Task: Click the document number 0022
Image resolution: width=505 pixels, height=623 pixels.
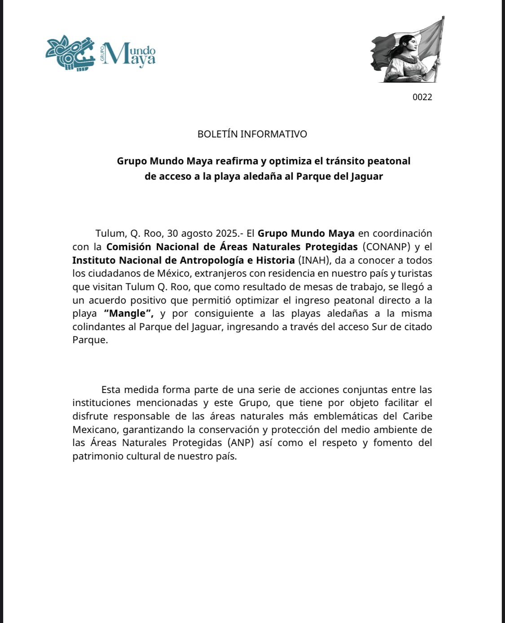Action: (422, 97)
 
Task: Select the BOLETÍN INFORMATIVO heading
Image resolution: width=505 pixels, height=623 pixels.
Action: (252, 134)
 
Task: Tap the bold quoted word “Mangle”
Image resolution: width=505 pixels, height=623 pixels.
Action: (128, 313)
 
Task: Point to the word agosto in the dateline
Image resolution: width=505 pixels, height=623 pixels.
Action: (197, 234)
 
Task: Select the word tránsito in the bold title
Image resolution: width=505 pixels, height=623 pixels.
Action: (345, 161)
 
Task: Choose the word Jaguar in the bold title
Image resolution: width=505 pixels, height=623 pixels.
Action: (367, 176)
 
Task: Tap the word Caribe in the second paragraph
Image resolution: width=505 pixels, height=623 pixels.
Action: (417, 416)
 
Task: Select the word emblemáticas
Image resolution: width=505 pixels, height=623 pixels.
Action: (346, 416)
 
